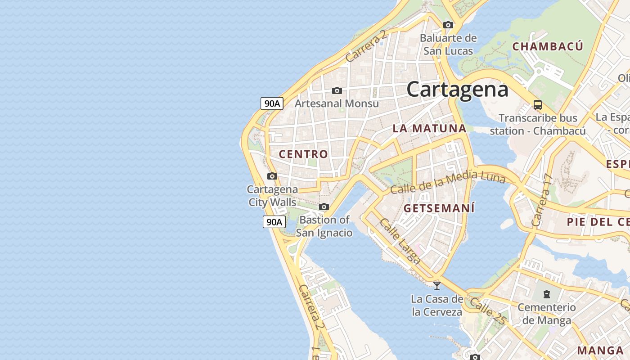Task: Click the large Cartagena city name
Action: coord(457,89)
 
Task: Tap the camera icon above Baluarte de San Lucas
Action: coord(448,25)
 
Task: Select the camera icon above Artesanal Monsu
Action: coord(337,91)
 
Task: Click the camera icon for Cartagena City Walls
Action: coord(272,176)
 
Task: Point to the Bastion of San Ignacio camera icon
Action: coord(324,207)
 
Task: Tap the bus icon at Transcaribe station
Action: coord(537,105)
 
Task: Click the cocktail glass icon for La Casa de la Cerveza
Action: coord(436,285)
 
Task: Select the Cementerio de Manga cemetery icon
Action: coord(546,295)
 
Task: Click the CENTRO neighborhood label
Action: coord(303,154)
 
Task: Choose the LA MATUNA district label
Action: coord(429,128)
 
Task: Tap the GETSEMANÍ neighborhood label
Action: coord(439,208)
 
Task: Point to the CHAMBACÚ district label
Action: coord(548,46)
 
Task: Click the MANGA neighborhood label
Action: coord(600,350)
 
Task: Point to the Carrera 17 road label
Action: coord(541,200)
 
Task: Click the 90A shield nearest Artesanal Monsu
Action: coord(272,103)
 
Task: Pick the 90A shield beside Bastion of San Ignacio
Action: coord(274,222)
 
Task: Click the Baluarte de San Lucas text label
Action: coord(448,44)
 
